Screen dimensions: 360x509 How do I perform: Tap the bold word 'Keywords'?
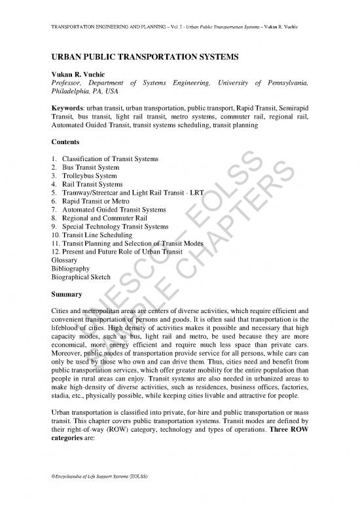click(x=69, y=106)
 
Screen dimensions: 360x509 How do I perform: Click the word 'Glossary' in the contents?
click(x=64, y=260)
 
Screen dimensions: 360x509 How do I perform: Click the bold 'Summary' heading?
click(x=65, y=294)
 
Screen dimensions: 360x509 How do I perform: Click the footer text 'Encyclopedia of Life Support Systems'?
click(x=98, y=490)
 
